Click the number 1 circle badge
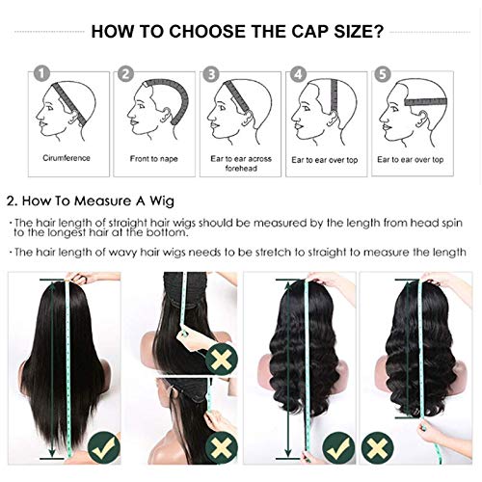point(40,72)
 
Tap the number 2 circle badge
point(125,72)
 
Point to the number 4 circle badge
point(299,72)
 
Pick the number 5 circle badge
point(385,72)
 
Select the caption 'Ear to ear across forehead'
point(238,163)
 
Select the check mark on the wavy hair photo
point(336,446)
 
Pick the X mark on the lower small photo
point(223,446)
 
